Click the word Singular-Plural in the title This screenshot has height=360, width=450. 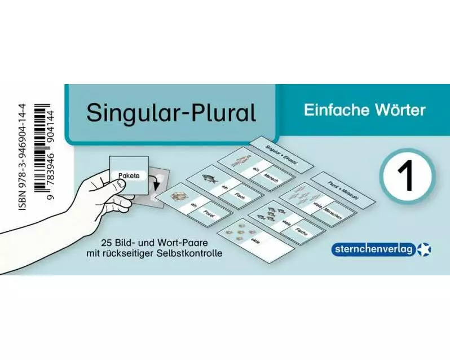click(171, 113)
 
